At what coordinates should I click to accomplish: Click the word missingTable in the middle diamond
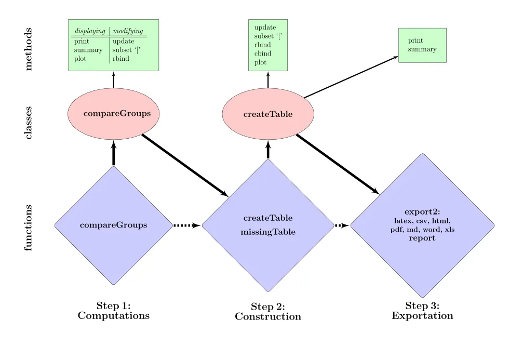[268, 232]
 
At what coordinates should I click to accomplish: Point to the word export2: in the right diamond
[422, 212]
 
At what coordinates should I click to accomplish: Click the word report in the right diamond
[422, 238]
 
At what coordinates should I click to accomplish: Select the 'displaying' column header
[90, 31]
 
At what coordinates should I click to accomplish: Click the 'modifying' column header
[128, 31]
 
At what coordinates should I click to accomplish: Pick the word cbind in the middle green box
[263, 54]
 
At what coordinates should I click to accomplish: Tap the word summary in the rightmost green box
[422, 49]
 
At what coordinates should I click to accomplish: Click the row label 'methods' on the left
[28, 49]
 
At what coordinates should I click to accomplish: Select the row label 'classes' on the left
[28, 123]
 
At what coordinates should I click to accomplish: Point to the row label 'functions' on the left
[28, 228]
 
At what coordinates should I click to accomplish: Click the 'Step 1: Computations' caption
[113, 311]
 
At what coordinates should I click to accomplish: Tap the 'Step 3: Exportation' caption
[422, 311]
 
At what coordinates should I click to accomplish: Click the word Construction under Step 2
[268, 316]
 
